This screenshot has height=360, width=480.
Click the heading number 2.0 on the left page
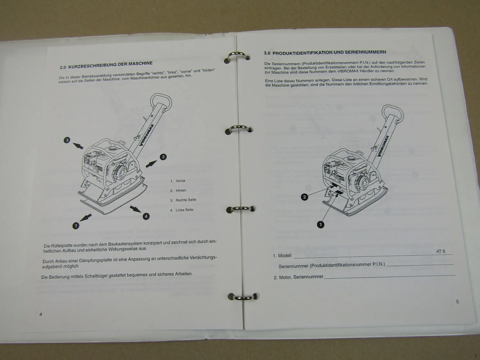point(63,67)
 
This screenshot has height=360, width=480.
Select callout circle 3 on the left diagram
point(67,140)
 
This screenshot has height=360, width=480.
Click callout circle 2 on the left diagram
point(163,157)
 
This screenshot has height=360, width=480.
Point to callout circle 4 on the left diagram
point(146,216)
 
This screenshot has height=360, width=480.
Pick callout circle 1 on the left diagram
point(76,226)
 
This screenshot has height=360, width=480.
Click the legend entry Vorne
point(180,181)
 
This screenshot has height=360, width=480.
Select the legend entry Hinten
point(181,190)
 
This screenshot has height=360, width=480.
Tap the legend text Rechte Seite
point(186,200)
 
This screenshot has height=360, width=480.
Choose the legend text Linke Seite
point(184,210)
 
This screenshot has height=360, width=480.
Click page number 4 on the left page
point(41,314)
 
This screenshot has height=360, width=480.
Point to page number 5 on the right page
point(457,302)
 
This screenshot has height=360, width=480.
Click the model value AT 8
point(441,252)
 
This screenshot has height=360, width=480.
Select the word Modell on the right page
point(284,255)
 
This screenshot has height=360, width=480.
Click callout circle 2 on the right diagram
point(304,197)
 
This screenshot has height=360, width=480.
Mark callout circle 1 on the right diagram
point(321,225)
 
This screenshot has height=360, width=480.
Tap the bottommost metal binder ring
point(243,298)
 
